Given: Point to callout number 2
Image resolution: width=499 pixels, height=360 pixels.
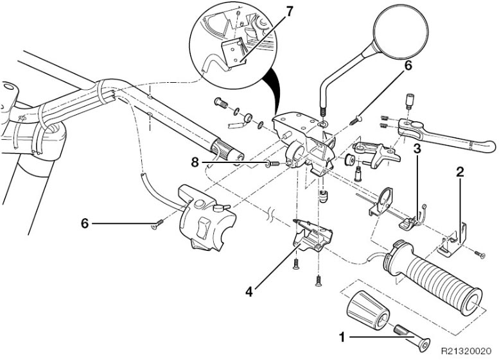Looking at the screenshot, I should click(459, 171).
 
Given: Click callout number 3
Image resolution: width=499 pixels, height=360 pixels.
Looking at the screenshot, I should click(417, 149).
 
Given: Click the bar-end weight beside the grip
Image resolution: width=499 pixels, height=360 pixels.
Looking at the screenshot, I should click(369, 311).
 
